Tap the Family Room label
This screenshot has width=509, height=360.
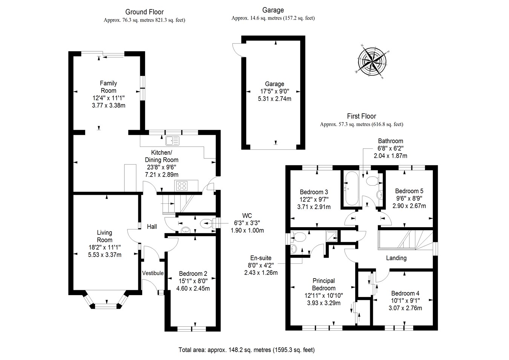coord(108,87)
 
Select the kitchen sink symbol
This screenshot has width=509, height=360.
coord(173,141)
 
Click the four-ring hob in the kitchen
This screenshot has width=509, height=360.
coord(182,186)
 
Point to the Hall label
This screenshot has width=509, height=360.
coord(152,226)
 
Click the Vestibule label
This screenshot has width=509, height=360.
coord(153,273)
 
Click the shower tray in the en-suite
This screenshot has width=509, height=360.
coord(331,235)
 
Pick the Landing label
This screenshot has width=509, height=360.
coord(396,258)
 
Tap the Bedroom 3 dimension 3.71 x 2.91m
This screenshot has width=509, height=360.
coord(314,207)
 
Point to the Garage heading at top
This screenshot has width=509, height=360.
coord(273,10)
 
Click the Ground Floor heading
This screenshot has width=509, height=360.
coord(144,12)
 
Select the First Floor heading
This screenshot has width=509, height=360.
coord(361,116)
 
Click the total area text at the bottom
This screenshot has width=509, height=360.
coord(246,350)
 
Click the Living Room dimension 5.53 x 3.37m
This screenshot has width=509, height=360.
coord(104,255)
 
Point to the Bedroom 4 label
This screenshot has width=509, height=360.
coord(405,293)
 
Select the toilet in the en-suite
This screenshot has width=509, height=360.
coord(300,237)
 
